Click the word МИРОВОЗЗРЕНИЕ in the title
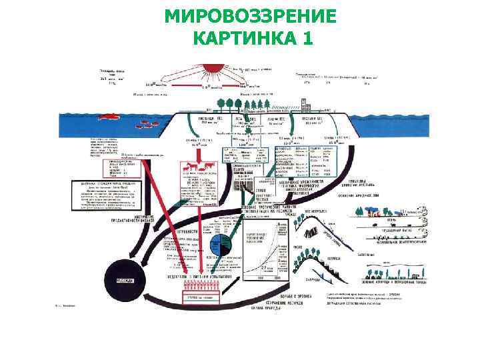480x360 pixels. pyautogui.click(x=250, y=16)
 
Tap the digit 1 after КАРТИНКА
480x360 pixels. pyautogui.click(x=306, y=38)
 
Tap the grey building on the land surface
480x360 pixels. pyautogui.click(x=308, y=104)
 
